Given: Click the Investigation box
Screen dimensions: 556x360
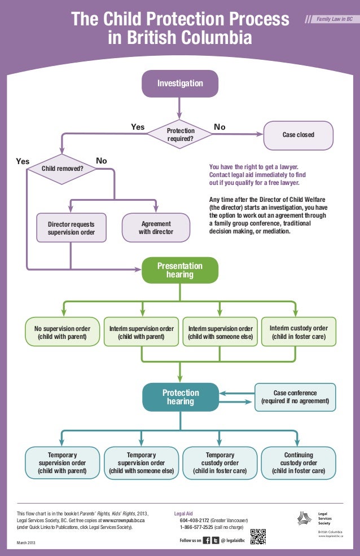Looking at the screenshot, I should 180,83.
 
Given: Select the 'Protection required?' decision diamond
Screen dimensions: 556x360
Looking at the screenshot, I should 180,134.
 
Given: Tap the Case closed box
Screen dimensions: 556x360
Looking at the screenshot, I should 298,135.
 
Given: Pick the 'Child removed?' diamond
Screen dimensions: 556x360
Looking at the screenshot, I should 63,168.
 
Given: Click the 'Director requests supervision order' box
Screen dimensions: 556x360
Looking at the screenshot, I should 71,228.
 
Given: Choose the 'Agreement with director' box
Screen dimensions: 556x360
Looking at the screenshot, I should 156,228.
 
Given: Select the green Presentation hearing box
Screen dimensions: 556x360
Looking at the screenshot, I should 180,271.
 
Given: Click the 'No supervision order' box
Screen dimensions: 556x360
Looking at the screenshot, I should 62,333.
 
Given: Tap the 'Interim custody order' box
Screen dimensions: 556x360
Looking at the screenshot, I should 298,332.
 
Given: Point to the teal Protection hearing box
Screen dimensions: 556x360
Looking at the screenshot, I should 180,397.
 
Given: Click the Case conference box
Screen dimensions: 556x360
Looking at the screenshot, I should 295,397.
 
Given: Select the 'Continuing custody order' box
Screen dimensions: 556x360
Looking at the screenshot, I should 298,462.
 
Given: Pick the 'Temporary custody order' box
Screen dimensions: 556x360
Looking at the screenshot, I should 219,462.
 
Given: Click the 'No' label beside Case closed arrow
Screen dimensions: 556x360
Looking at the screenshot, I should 219,127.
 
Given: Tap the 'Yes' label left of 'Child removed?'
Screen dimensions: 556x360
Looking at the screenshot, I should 23,161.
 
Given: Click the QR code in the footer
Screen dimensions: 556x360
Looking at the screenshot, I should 258,537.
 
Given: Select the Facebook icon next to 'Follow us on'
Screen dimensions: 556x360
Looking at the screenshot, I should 207,540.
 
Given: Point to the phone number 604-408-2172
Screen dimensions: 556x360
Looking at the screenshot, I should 195,520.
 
